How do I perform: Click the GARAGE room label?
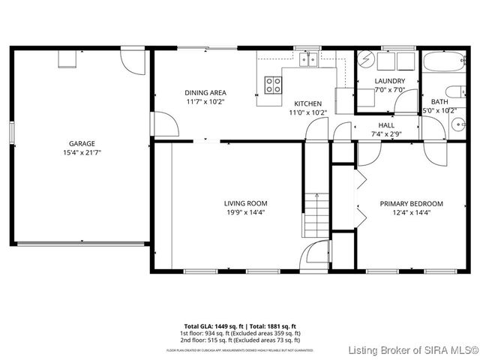click(x=82, y=142)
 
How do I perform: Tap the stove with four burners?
click(x=274, y=84)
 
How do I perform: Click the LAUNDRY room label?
click(x=390, y=81)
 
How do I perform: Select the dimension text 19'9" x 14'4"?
click(x=245, y=212)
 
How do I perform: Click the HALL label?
click(x=386, y=125)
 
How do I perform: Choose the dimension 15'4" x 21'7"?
click(x=82, y=152)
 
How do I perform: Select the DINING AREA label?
click(x=205, y=92)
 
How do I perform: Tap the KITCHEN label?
click(x=307, y=103)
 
